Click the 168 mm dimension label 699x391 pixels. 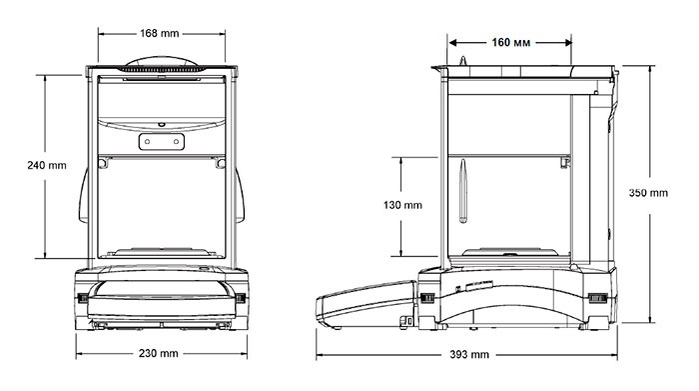[x=159, y=33]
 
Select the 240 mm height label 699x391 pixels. [x=47, y=166]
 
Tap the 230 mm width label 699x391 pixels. [x=158, y=354]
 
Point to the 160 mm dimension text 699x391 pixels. [x=511, y=42]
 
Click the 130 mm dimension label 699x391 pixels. [x=402, y=205]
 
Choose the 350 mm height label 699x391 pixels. [x=648, y=193]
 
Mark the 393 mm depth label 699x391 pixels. [x=469, y=355]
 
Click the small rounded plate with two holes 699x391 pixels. [x=162, y=141]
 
